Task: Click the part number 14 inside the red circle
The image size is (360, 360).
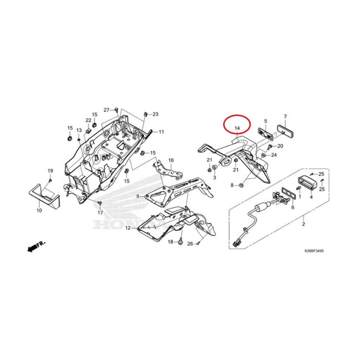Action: [x=237, y=128]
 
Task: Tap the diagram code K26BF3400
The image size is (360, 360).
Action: [x=314, y=251]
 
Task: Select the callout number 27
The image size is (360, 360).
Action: [x=107, y=110]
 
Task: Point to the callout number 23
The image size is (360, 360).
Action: [x=155, y=114]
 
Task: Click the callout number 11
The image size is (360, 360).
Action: [x=161, y=132]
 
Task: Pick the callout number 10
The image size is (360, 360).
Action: [x=39, y=210]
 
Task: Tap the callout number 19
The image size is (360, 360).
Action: [x=50, y=171]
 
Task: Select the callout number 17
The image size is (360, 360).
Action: [x=100, y=213]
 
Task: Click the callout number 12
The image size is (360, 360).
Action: [x=128, y=228]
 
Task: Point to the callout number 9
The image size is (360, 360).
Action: [x=138, y=196]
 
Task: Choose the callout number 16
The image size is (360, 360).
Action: [x=171, y=160]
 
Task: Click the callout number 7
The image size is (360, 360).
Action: [x=285, y=117]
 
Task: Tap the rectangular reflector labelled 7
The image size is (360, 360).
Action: [x=286, y=131]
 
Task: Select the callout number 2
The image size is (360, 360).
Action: [x=303, y=224]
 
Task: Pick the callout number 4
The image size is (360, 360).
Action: [x=311, y=197]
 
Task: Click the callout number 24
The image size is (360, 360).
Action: [x=274, y=155]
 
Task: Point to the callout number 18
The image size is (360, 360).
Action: [x=171, y=242]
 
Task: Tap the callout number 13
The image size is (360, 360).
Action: [x=79, y=130]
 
